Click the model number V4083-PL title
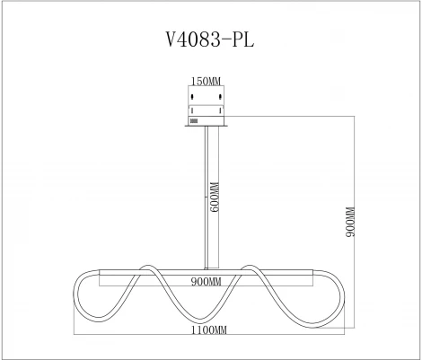210,40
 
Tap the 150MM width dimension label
206,81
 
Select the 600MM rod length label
215,197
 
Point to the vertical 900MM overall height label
350,222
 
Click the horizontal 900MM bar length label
207,282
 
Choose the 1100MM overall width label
209,330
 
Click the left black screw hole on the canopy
192,97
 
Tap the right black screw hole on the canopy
220,97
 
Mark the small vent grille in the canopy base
194,121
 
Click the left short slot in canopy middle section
192,110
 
